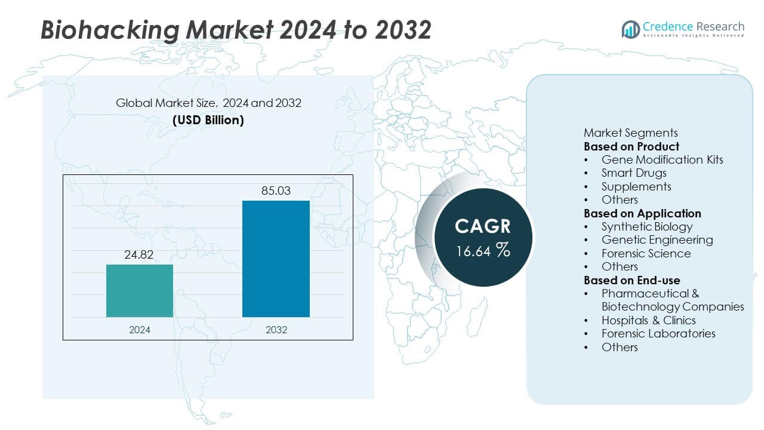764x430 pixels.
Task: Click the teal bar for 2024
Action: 140,291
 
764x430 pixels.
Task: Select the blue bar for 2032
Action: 276,259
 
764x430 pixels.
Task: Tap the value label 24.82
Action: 140,255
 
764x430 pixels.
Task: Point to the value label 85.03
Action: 276,191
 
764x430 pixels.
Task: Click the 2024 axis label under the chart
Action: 140,330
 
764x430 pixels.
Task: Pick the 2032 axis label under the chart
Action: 276,330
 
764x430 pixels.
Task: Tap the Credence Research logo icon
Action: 630,29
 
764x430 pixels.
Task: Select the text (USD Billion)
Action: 208,119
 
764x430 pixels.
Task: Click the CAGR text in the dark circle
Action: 482,226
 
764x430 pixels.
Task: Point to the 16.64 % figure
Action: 482,251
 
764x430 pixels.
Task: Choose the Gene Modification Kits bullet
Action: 661,159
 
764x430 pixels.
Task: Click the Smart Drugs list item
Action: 633,173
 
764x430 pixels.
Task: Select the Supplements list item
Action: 636,186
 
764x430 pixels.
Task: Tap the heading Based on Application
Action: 642,213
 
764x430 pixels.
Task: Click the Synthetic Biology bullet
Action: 646,226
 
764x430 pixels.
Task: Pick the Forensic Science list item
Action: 646,253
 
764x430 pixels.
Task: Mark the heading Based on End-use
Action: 631,280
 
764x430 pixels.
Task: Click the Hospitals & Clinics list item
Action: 648,320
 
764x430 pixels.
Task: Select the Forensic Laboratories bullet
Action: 658,333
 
